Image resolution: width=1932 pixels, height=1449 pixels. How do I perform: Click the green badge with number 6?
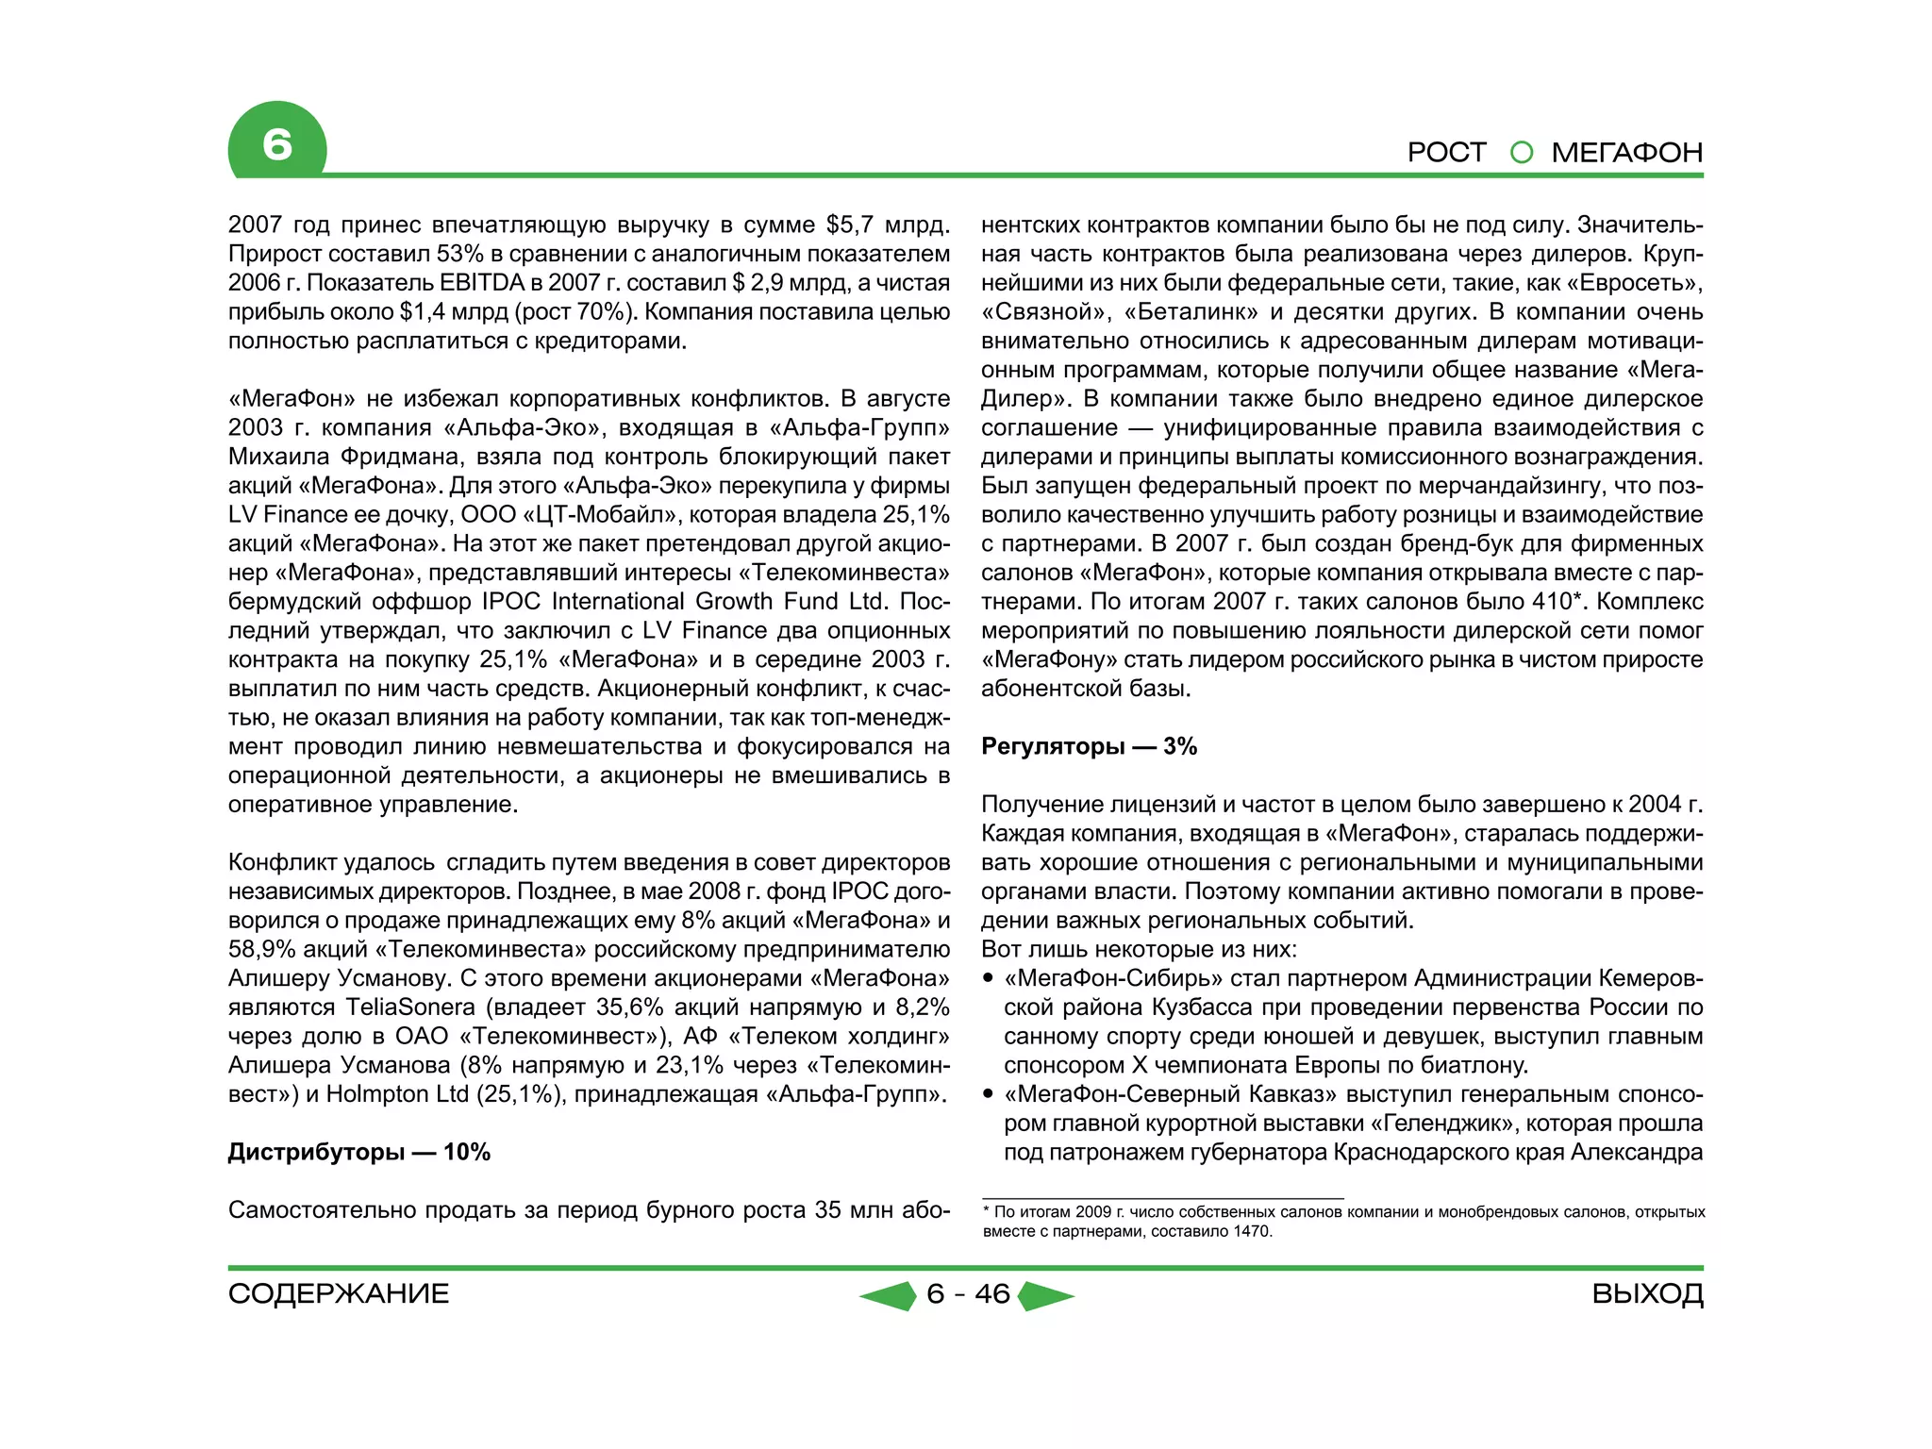point(276,143)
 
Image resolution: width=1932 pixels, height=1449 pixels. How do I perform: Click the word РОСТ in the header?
point(1445,152)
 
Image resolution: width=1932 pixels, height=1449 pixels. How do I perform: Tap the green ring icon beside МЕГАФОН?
point(1521,152)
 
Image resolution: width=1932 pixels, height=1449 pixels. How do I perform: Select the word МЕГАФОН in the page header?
point(1626,152)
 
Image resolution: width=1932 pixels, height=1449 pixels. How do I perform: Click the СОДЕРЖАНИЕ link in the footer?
point(339,1293)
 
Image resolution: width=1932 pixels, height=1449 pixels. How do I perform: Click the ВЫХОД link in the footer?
point(1647,1293)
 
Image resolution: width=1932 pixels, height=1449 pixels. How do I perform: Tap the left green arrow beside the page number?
point(890,1295)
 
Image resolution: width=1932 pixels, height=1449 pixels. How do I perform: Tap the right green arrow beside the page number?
point(1045,1295)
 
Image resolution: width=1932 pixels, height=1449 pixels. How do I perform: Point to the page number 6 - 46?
point(968,1293)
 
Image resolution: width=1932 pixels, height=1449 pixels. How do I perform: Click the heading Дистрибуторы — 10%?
point(358,1152)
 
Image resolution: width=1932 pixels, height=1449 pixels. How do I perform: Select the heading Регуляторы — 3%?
point(1089,746)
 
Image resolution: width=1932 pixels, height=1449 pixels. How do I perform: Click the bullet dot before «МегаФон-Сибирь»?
point(988,978)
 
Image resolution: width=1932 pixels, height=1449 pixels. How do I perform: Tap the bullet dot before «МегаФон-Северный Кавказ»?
point(988,1094)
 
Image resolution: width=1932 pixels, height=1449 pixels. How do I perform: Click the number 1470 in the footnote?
point(1251,1231)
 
